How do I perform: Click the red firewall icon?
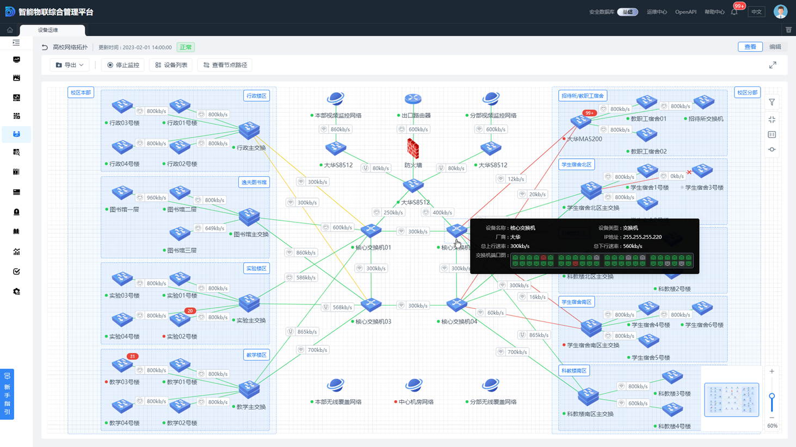tap(413, 148)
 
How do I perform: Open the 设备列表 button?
tap(171, 65)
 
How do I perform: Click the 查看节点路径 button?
tap(225, 65)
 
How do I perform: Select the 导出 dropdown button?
tap(70, 65)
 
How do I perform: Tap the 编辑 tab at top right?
tap(775, 47)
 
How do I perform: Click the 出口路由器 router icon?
tap(413, 99)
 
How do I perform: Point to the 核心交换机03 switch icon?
tap(371, 304)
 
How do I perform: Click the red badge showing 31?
tap(132, 357)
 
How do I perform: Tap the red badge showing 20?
tap(190, 311)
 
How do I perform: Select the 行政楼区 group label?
tap(256, 96)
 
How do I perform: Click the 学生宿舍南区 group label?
tap(576, 302)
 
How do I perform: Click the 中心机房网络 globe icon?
tap(414, 385)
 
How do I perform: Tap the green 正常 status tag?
tap(186, 47)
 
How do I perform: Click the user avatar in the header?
tap(780, 11)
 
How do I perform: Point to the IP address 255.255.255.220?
tap(640, 237)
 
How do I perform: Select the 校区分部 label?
tap(747, 92)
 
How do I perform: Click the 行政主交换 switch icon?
tap(249, 130)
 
